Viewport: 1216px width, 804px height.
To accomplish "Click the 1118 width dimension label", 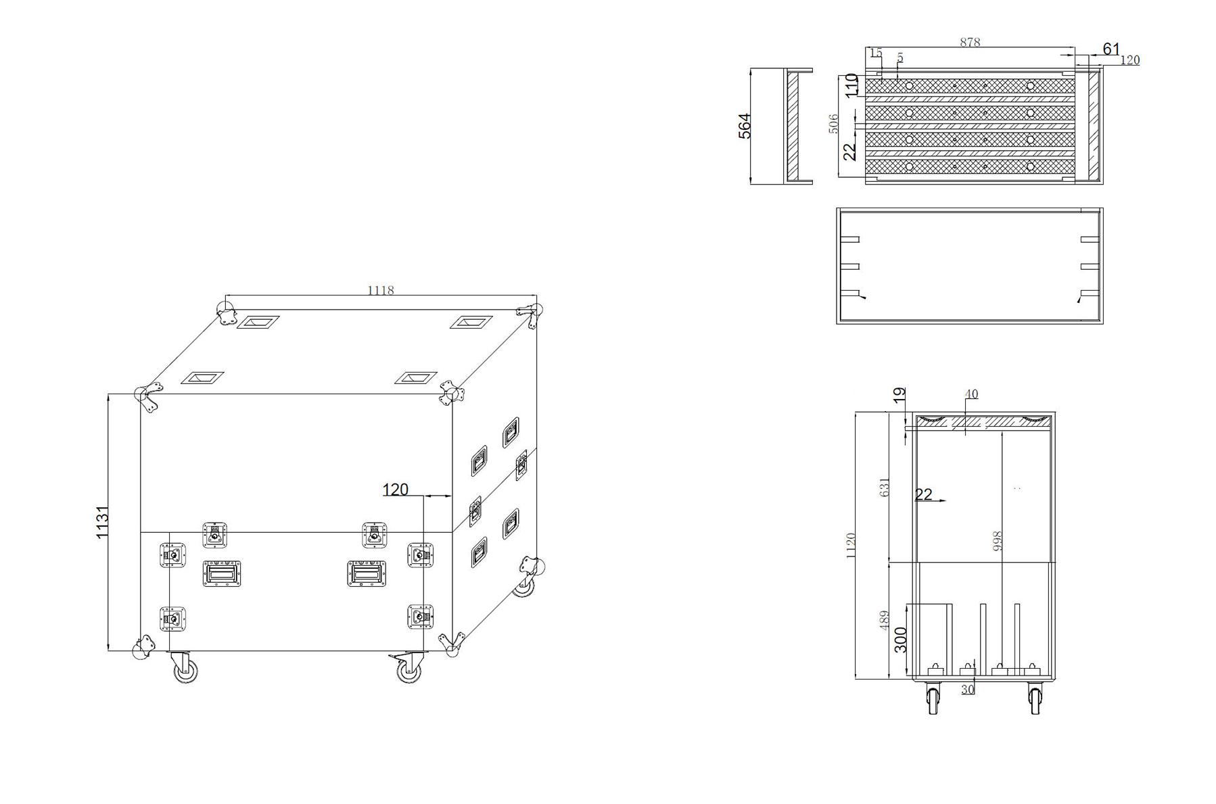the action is point(380,290).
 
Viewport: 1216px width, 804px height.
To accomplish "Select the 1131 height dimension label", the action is point(102,522).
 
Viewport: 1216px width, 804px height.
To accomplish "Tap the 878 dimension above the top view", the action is point(970,42).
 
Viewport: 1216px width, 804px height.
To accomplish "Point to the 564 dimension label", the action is point(745,126).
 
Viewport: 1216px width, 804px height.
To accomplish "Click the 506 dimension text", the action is point(833,124).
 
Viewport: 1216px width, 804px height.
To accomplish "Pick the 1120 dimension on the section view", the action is point(851,545).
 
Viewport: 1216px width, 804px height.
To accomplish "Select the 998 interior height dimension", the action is point(998,541).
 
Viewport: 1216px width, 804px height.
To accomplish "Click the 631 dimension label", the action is point(885,488).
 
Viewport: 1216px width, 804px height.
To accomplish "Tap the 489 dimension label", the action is point(885,621).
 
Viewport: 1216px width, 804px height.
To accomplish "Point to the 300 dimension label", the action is point(901,640).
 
